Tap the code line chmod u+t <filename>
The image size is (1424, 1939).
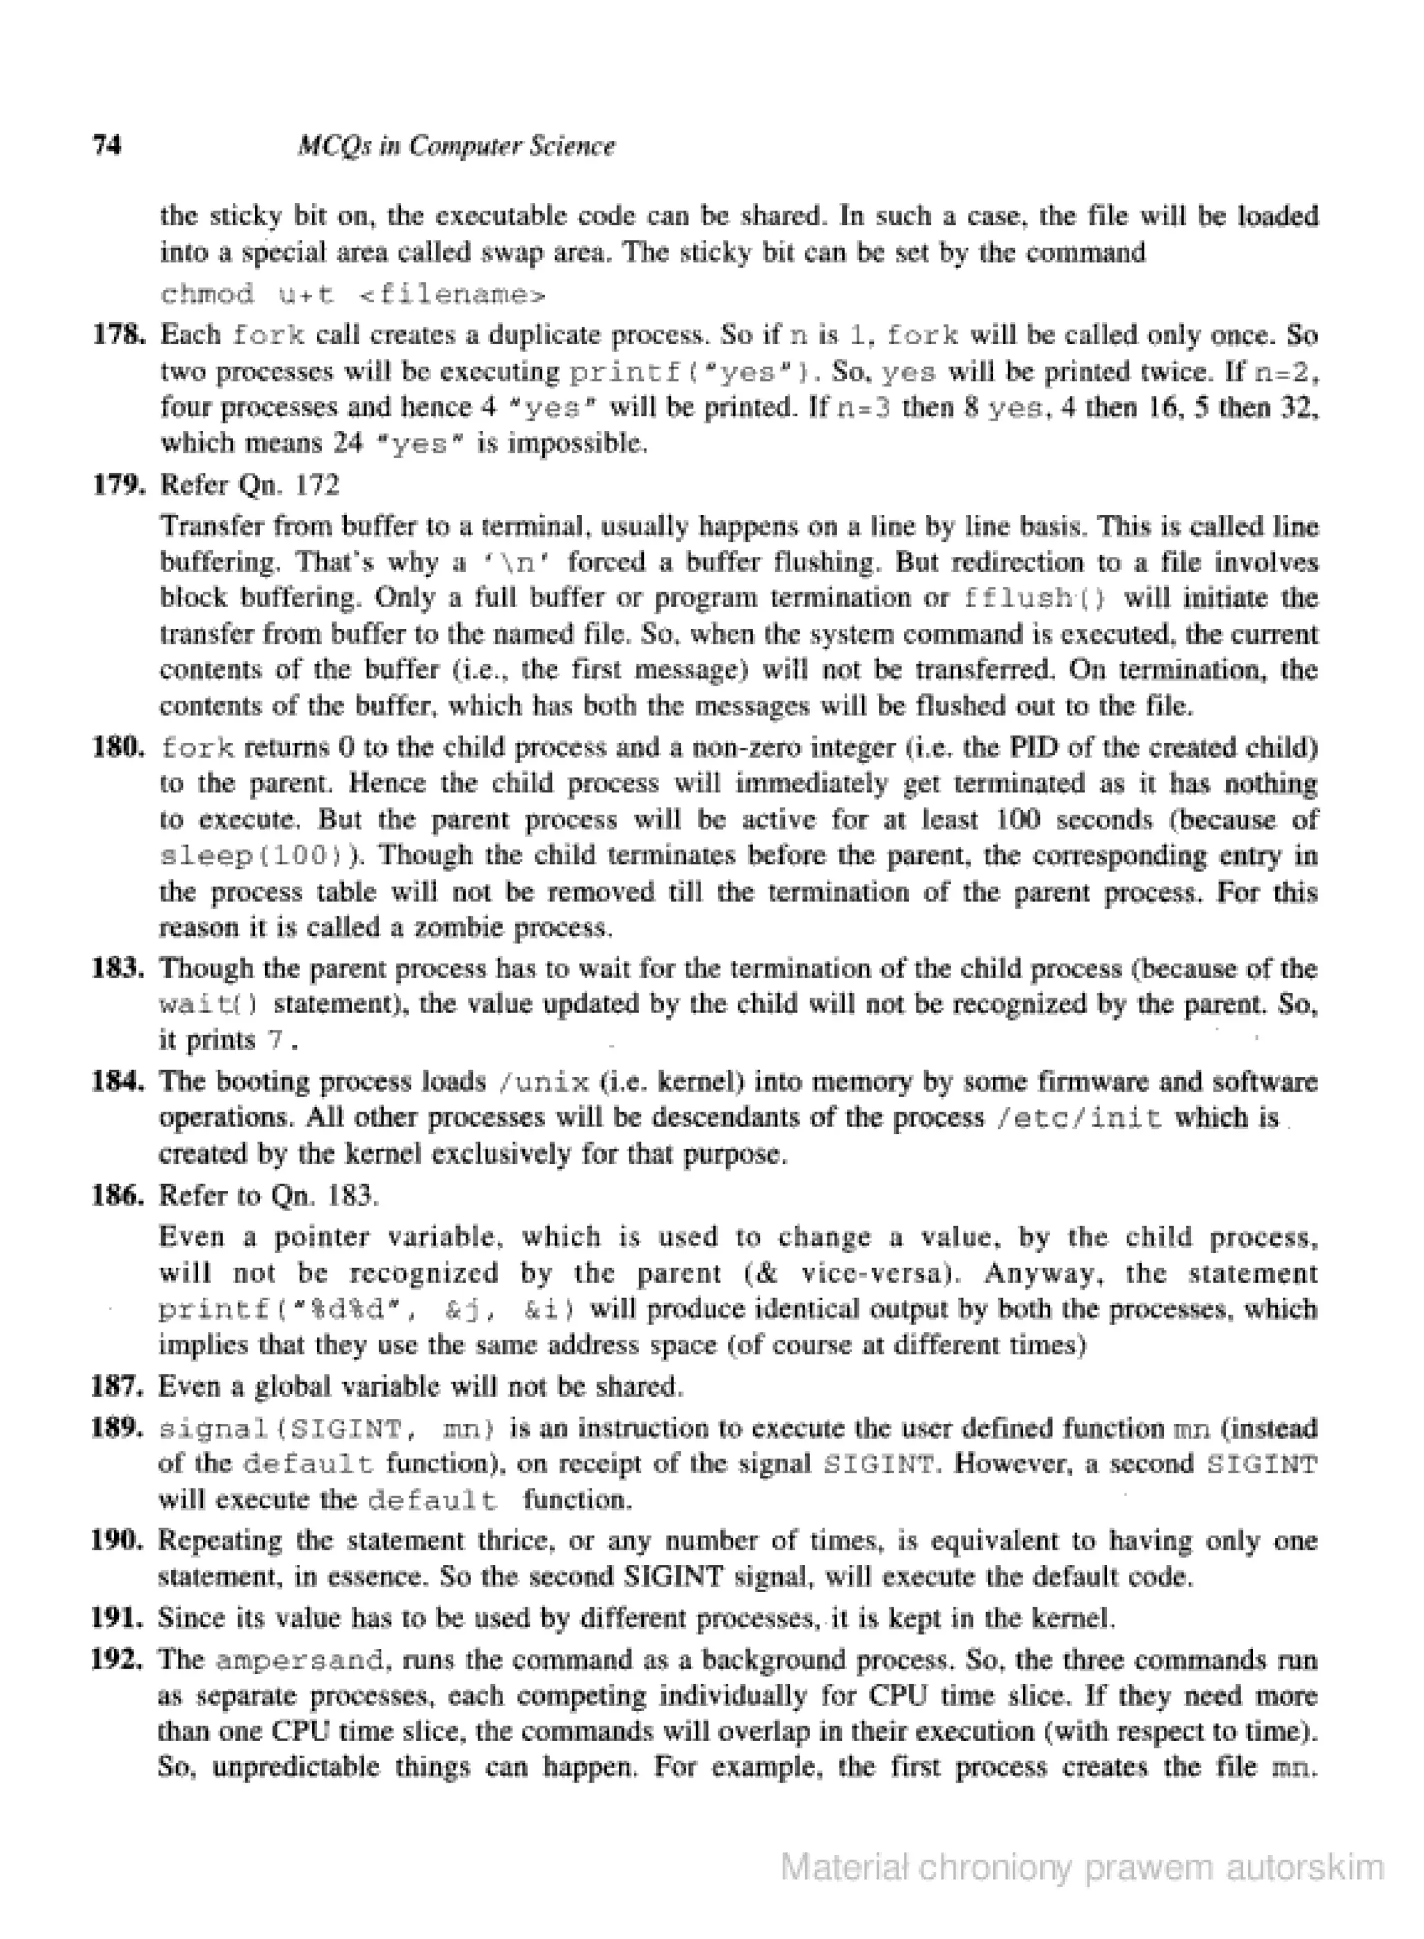click(353, 295)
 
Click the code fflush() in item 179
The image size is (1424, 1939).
click(1033, 597)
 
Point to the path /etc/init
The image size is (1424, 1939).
click(1078, 1118)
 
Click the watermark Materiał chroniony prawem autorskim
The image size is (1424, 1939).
click(1082, 1868)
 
